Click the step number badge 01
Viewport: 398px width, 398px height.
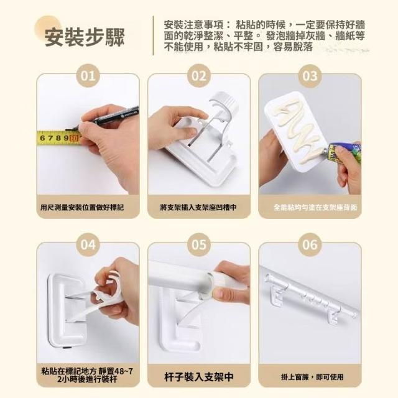pos(88,76)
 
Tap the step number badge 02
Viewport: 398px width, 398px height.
pos(199,76)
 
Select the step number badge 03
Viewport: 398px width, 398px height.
pos(310,76)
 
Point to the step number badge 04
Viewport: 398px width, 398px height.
pos(88,244)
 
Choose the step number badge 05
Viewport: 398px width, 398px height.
pos(199,244)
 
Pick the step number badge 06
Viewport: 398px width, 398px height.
pos(310,244)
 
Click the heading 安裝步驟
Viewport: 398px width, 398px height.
pos(85,37)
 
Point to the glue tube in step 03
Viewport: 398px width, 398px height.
pos(344,152)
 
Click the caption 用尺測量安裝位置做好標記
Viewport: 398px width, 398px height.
pos(82,208)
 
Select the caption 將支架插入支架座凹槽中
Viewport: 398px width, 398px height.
pos(198,208)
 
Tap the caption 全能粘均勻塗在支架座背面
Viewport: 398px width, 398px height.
pos(315,208)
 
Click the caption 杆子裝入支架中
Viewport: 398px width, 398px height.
pos(198,377)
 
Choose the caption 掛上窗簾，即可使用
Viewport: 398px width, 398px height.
pos(312,377)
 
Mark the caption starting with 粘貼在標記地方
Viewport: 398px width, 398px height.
pos(87,376)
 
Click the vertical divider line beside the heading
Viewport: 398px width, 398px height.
pos(153,35)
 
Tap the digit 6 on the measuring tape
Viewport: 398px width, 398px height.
pos(42,138)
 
